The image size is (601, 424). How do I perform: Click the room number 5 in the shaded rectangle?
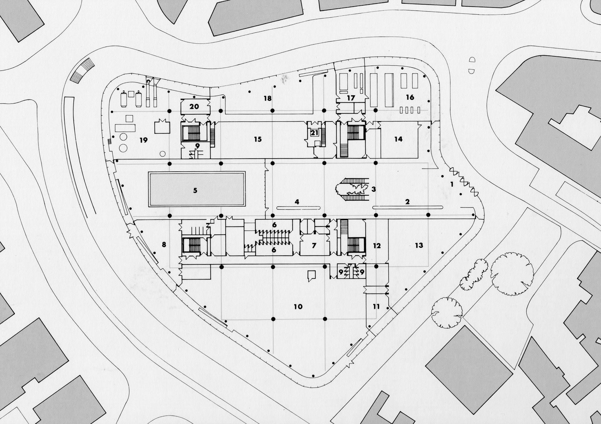(x=195, y=191)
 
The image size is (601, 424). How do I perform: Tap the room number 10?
(x=298, y=307)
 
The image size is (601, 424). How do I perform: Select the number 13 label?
(x=419, y=246)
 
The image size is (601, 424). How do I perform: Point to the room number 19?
(x=144, y=140)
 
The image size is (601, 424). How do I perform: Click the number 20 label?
(x=194, y=106)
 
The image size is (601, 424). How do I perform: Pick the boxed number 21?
(x=314, y=133)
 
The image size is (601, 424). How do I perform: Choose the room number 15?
(x=258, y=139)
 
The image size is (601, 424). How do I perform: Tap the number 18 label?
(x=267, y=98)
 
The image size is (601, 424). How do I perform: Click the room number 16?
(x=410, y=97)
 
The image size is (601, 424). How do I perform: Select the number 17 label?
(x=351, y=98)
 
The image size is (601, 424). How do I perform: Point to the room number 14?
(x=398, y=139)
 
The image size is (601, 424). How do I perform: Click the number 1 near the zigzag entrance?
(x=452, y=184)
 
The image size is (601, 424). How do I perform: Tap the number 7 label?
(x=314, y=246)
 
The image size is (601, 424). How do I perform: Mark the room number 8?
(x=164, y=245)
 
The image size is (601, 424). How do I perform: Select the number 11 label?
(x=376, y=307)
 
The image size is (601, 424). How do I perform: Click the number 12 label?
(x=377, y=246)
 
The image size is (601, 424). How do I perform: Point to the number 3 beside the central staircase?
(x=374, y=189)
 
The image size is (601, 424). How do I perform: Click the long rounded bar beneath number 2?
(x=407, y=207)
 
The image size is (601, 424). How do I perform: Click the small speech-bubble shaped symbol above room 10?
(x=311, y=275)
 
